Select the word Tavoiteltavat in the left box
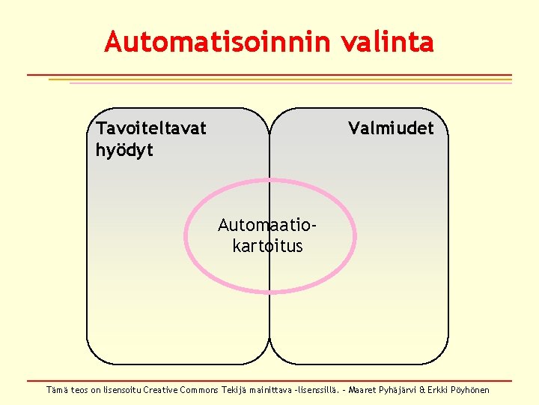point(151,128)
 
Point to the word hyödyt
point(124,150)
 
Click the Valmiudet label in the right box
point(391,128)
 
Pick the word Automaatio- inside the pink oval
point(267,224)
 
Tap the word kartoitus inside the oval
point(268,245)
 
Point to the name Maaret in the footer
point(363,390)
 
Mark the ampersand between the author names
point(423,390)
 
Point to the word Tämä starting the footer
point(57,390)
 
